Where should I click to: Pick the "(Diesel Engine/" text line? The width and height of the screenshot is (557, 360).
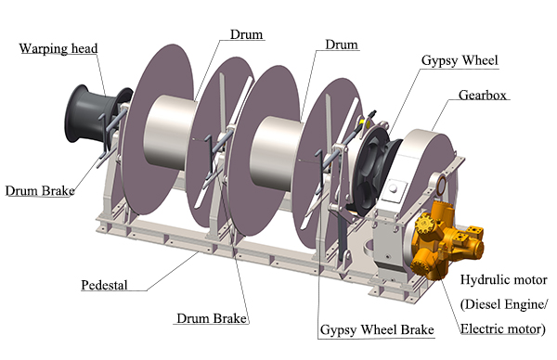click(x=505, y=304)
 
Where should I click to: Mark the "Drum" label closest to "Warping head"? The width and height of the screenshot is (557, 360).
click(x=246, y=34)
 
